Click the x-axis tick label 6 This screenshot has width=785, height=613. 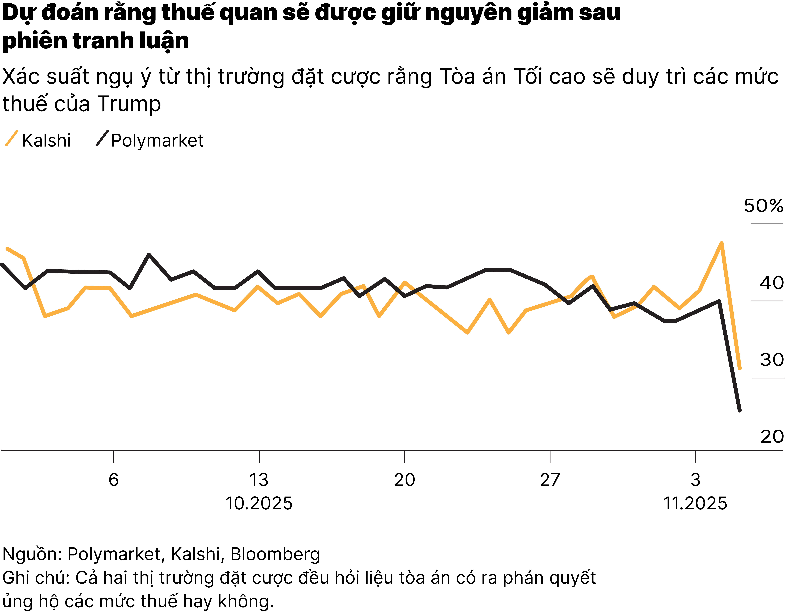tap(114, 480)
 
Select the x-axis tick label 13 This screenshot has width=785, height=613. tap(259, 480)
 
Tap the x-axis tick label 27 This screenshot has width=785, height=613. tap(550, 480)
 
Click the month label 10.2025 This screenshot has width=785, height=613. tap(259, 503)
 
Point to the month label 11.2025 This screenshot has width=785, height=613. tap(695, 503)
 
